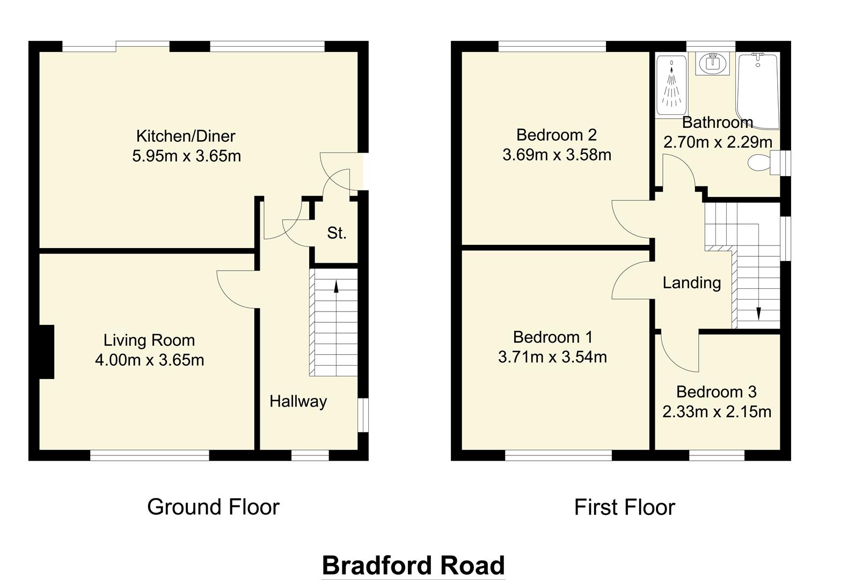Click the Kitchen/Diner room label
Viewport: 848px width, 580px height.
pyautogui.click(x=186, y=136)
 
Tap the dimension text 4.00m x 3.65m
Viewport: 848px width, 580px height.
pyautogui.click(x=149, y=360)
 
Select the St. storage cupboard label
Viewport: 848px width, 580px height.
pyautogui.click(x=337, y=233)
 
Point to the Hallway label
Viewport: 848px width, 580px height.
pyautogui.click(x=298, y=401)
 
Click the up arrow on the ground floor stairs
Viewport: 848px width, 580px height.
pyautogui.click(x=337, y=287)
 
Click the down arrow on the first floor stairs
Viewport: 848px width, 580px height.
pyautogui.click(x=759, y=313)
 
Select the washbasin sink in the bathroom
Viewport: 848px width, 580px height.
pyautogui.click(x=713, y=63)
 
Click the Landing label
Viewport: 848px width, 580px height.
pyautogui.click(x=691, y=282)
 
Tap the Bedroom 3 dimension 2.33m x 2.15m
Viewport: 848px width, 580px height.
pyautogui.click(x=717, y=412)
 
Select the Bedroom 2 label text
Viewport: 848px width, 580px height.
pyautogui.click(x=556, y=134)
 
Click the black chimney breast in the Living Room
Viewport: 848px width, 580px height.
pyautogui.click(x=47, y=352)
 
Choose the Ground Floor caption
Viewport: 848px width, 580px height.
pyautogui.click(x=213, y=507)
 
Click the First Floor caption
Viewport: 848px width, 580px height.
pyautogui.click(x=624, y=507)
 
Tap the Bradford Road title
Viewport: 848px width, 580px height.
pyautogui.click(x=413, y=565)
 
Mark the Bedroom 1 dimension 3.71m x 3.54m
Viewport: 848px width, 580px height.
pyautogui.click(x=552, y=357)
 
